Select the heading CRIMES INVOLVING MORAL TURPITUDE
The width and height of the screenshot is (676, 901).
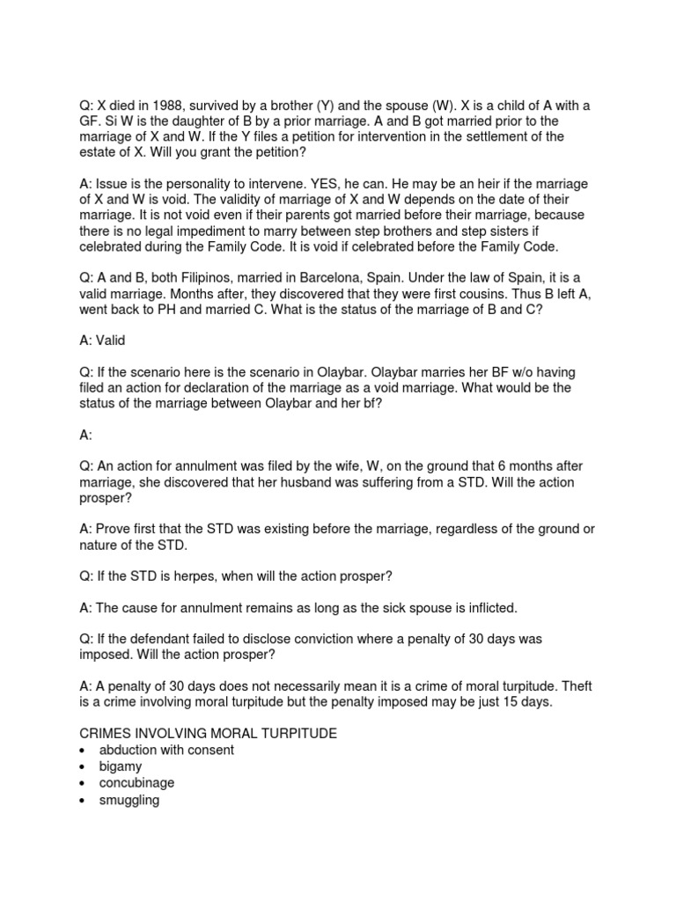pos(209,734)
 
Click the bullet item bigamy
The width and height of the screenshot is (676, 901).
pos(120,766)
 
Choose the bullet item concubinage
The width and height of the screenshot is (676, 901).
pos(136,782)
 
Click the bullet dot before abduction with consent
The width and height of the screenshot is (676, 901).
pos(81,751)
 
